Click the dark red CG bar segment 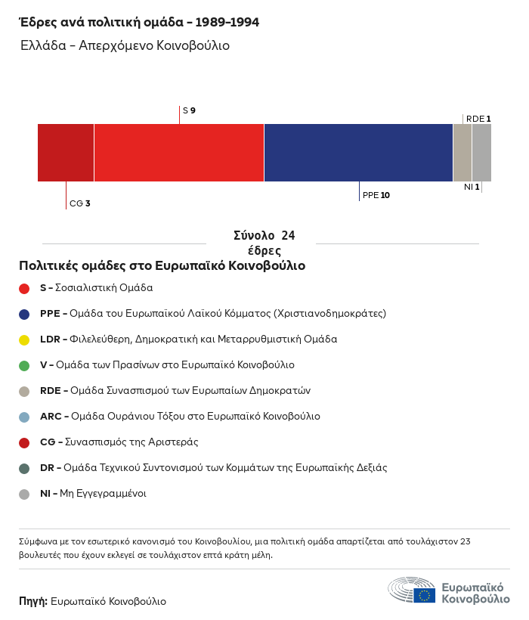coord(66,153)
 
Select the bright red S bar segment coord(179,153)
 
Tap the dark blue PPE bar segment coord(358,153)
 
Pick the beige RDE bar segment coord(462,153)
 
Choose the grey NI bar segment coord(481,153)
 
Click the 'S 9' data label coord(189,111)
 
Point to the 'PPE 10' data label coord(376,195)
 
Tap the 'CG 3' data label coord(80,203)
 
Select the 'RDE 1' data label coord(478,119)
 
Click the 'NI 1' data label coord(472,187)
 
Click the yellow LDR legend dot coord(24,339)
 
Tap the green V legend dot coord(24,365)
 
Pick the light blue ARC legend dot coord(24,417)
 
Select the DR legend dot coord(24,468)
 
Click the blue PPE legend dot coord(24,314)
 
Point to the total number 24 coord(288,236)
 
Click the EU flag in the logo coord(424,595)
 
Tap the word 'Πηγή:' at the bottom coord(33,602)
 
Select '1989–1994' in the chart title coord(227,23)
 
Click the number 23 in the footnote coord(465,541)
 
